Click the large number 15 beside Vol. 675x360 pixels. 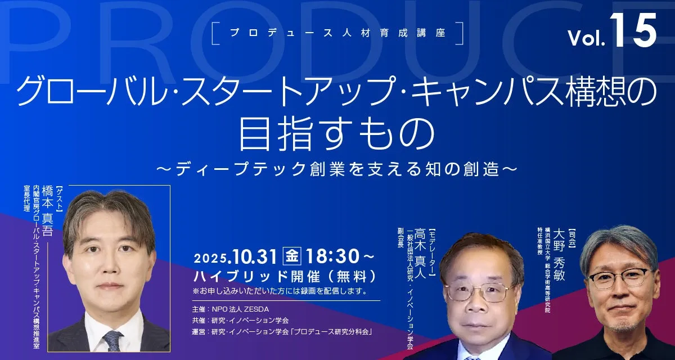tap(633, 30)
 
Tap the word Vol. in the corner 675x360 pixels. tap(586, 38)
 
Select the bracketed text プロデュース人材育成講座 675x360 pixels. tap(337, 33)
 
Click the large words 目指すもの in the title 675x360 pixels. tap(337, 134)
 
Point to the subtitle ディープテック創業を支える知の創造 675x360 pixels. tap(337, 169)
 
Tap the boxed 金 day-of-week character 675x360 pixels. tap(292, 256)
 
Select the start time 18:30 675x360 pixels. tap(332, 256)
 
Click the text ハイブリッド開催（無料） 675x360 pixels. tap(285, 276)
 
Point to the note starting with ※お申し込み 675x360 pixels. tap(280, 291)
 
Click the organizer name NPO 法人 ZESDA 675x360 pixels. tap(240, 309)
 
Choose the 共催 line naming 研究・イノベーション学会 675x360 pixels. tap(240, 320)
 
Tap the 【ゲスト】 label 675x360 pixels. tap(60, 200)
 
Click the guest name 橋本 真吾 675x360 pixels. tap(48, 211)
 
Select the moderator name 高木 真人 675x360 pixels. tap(420, 254)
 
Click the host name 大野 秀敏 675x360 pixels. tap(559, 255)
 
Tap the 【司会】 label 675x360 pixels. tap(571, 238)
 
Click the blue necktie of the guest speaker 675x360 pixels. tap(112, 341)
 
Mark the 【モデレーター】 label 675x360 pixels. tap(433, 253)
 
